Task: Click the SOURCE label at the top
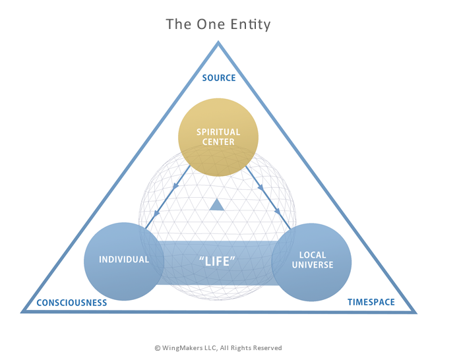coord(218,78)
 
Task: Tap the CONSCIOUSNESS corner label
coord(71,303)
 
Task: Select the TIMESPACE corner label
coord(371,303)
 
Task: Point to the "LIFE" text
coord(217,261)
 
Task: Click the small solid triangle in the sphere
coord(217,206)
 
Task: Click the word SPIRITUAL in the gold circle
coord(218,132)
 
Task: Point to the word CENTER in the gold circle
coord(218,141)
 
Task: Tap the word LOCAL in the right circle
coord(312,255)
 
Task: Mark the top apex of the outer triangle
coord(218,44)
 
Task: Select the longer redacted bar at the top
coord(195,24)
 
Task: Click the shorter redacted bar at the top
coord(251,25)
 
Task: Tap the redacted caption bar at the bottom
coord(218,347)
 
